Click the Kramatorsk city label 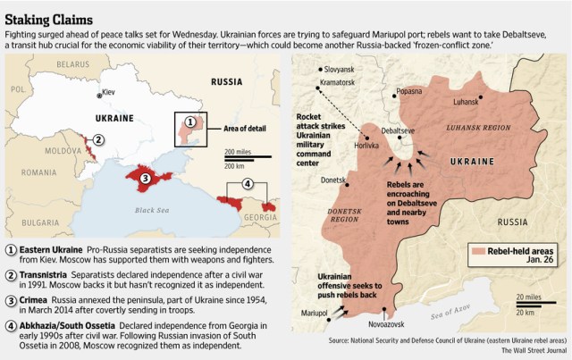(x=338, y=82)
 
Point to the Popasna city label (x=408, y=91)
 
